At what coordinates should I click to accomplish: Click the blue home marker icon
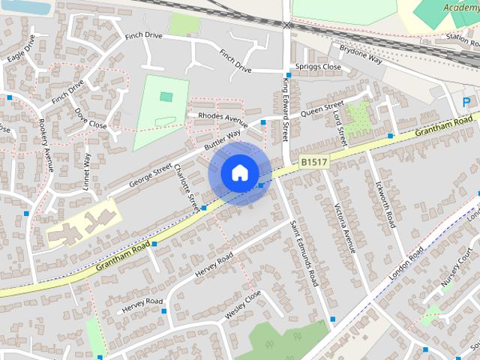[x=238, y=173]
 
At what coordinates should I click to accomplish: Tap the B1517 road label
[x=313, y=161]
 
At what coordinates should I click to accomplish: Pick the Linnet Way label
[x=87, y=171]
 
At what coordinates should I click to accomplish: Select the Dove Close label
[x=91, y=118]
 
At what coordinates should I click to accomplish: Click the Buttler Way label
[x=223, y=139]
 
